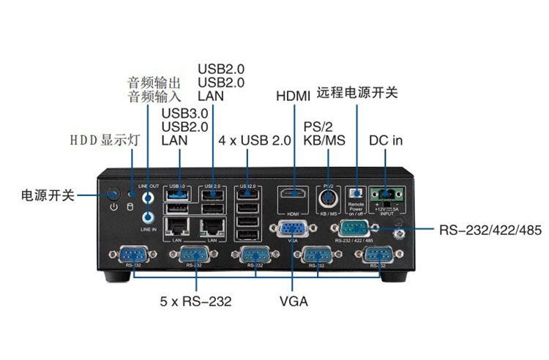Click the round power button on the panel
point(113,195)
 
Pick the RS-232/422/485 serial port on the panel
point(354,229)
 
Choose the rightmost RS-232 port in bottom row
point(377,255)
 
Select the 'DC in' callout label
point(386,140)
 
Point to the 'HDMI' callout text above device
point(293,96)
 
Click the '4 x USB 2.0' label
point(254,140)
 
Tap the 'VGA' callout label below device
point(294,301)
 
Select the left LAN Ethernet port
point(176,225)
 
